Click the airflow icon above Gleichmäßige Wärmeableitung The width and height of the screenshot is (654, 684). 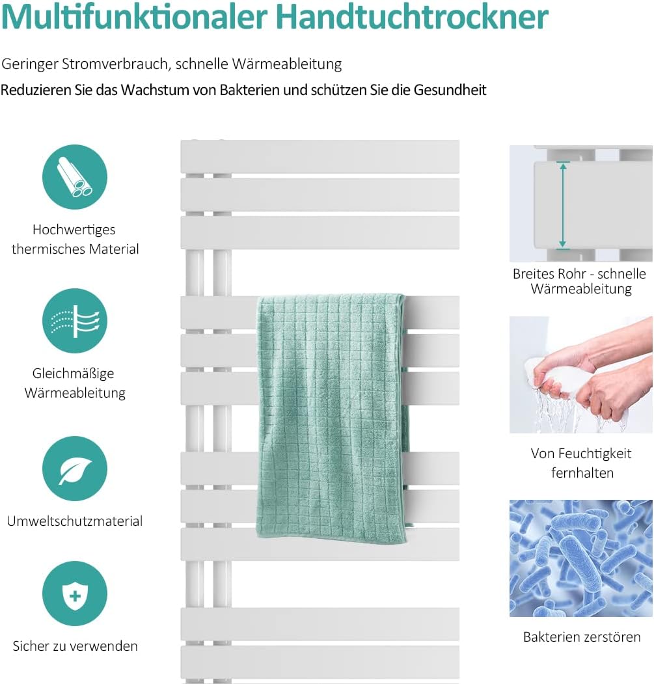[75, 321]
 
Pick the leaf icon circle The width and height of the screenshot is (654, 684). [75, 469]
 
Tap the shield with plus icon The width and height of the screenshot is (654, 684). [75, 594]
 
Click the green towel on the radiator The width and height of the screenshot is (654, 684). [332, 417]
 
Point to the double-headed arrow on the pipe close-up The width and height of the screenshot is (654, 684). [563, 206]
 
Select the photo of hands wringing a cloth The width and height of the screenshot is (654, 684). [580, 375]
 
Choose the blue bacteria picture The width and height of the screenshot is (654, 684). [580, 558]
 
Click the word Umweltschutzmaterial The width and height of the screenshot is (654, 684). [75, 521]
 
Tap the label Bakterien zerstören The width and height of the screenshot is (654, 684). [582, 636]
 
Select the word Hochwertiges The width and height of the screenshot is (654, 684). [74, 229]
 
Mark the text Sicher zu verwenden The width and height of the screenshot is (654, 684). [75, 646]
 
